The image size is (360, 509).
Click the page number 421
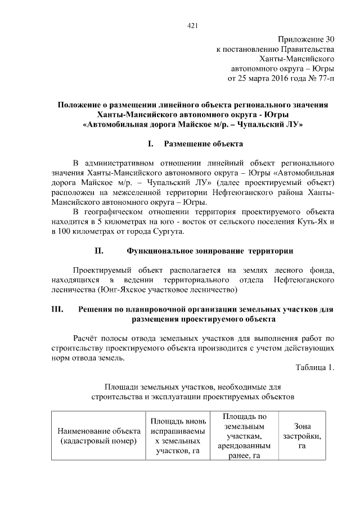[x=192, y=25]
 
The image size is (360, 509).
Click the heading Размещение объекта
[x=203, y=144]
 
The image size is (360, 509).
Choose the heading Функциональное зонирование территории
[x=210, y=250]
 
